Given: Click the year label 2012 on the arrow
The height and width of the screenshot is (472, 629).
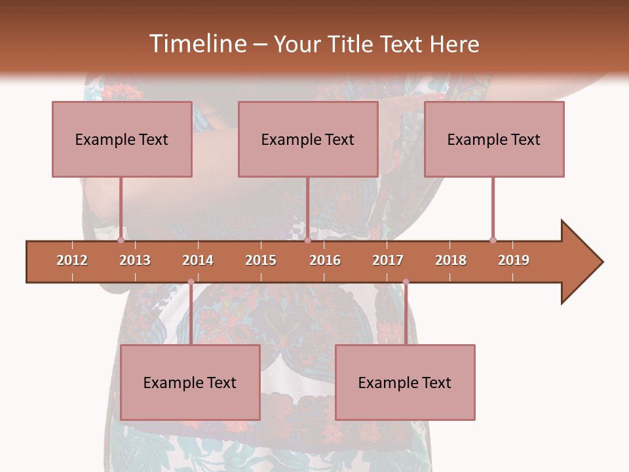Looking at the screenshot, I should coord(72,260).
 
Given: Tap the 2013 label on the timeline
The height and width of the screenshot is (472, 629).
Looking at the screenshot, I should coord(135,260).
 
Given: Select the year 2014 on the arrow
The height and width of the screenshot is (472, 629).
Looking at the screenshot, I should coord(198,260).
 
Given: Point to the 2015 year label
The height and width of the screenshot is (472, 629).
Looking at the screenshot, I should coord(261,260).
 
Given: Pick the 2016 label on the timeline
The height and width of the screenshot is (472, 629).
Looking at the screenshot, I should coord(325,260).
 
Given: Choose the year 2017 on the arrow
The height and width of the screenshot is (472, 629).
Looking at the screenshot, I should coord(388,260).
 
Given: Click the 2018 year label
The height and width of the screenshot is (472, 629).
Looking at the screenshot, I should coord(451,260).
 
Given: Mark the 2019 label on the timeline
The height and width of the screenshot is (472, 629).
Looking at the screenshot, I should coord(514,260).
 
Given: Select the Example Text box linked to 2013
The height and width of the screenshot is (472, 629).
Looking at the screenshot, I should coord(122,139).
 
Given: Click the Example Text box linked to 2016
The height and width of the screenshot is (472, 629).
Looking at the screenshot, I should coord(308,139).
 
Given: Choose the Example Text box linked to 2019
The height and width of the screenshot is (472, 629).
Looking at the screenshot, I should coord(494,139).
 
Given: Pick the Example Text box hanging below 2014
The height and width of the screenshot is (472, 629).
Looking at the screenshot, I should coord(190,382).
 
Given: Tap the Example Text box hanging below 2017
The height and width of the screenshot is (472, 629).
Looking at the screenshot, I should coord(405,382).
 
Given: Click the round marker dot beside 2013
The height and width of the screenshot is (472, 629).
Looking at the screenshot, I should coord(121,240).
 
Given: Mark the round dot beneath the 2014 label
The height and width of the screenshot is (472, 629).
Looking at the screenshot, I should coord(191,282).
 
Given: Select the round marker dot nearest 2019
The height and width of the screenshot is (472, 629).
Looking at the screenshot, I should coord(493,240).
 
